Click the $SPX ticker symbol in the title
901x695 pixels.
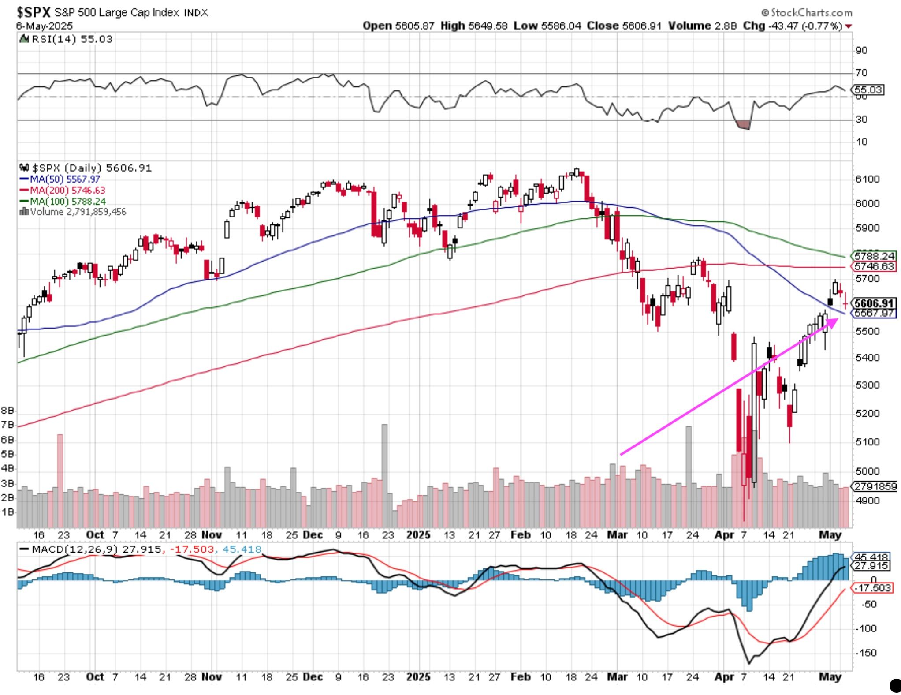click(x=33, y=12)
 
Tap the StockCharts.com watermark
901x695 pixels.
click(x=808, y=12)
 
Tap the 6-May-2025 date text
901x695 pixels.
click(x=45, y=26)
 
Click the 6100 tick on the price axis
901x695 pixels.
click(x=867, y=179)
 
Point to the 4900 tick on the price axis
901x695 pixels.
click(x=867, y=501)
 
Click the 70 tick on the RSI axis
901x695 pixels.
click(x=861, y=72)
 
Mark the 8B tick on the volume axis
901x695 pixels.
click(x=7, y=411)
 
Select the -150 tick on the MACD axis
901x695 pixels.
click(x=865, y=653)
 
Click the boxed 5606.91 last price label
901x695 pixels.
click(x=874, y=303)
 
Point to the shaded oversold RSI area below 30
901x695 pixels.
click(x=743, y=125)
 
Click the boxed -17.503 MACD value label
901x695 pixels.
click(x=873, y=588)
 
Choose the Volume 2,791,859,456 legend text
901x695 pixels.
click(x=73, y=212)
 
